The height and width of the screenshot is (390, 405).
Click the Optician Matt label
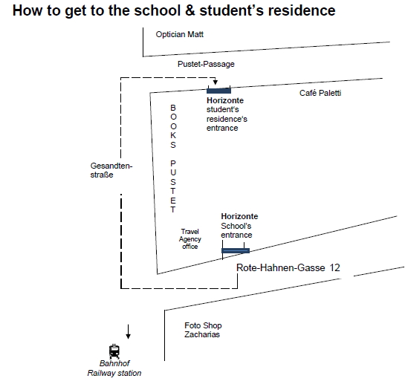[x=180, y=34]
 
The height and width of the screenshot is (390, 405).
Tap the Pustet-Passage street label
[x=206, y=64]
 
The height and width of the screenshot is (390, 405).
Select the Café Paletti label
[x=320, y=93]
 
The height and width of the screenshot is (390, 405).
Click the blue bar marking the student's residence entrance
[x=218, y=91]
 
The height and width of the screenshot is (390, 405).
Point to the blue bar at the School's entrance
[x=236, y=250]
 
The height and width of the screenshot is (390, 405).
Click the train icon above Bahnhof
[x=114, y=351]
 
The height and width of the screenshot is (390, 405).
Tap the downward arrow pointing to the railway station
[x=128, y=331]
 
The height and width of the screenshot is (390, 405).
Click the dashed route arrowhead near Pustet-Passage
[x=216, y=82]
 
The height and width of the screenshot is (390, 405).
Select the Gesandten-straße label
[x=111, y=170]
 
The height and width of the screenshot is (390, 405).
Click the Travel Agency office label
[x=189, y=239]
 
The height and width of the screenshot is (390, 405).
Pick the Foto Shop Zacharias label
[x=203, y=330]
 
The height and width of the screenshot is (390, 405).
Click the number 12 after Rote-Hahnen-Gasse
[x=334, y=267]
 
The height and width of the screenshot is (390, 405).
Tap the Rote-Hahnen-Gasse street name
[x=280, y=267]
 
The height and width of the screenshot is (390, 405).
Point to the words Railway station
[x=114, y=373]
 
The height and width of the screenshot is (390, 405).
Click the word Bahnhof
[x=114, y=363]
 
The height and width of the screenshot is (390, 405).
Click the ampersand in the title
[x=189, y=11]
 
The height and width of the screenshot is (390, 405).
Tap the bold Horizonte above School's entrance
[x=239, y=216]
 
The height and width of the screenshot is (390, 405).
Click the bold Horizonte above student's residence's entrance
[x=225, y=100]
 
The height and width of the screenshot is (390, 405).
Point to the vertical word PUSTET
[x=173, y=186]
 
